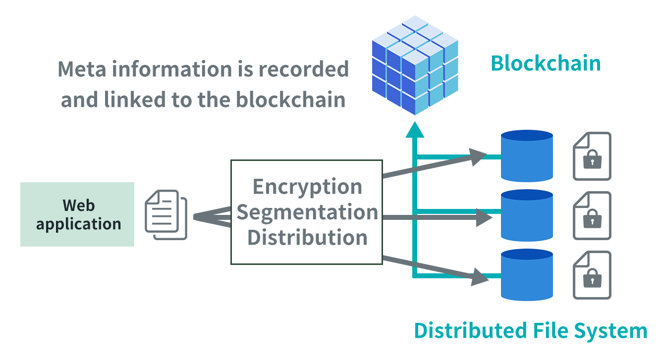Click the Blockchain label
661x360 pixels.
(545, 64)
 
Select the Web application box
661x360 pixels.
(77, 214)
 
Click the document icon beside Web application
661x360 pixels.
(165, 214)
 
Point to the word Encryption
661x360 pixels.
(307, 187)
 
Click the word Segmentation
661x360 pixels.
(307, 212)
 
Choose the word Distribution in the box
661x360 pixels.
(307, 237)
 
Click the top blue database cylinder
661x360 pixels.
(527, 155)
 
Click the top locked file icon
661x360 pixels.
(592, 156)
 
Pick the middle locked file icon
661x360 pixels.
(592, 215)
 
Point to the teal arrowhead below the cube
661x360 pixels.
(415, 130)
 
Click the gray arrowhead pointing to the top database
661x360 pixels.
(479, 156)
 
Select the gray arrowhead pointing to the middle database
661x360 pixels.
(484, 217)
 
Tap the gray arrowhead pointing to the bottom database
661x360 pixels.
(479, 277)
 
